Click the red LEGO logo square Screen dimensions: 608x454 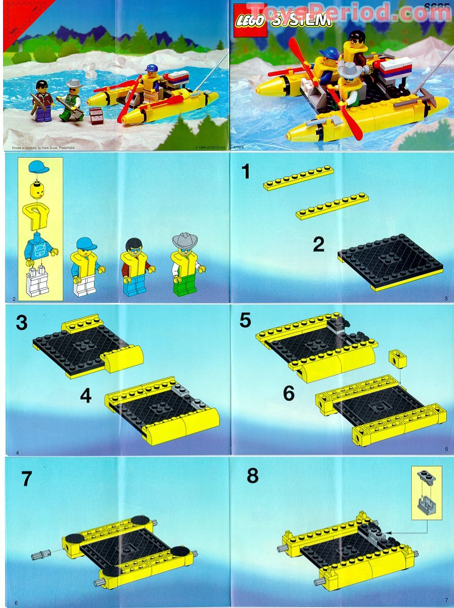click(250, 20)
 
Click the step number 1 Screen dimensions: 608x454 click(246, 171)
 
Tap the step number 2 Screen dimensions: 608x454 click(318, 245)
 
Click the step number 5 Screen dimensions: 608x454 click(245, 321)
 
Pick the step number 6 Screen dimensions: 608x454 click(289, 393)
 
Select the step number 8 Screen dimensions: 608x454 click(252, 476)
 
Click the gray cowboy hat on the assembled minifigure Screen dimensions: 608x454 click(185, 239)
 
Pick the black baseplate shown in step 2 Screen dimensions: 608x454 click(391, 261)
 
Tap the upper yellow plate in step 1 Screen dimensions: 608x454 click(299, 178)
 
